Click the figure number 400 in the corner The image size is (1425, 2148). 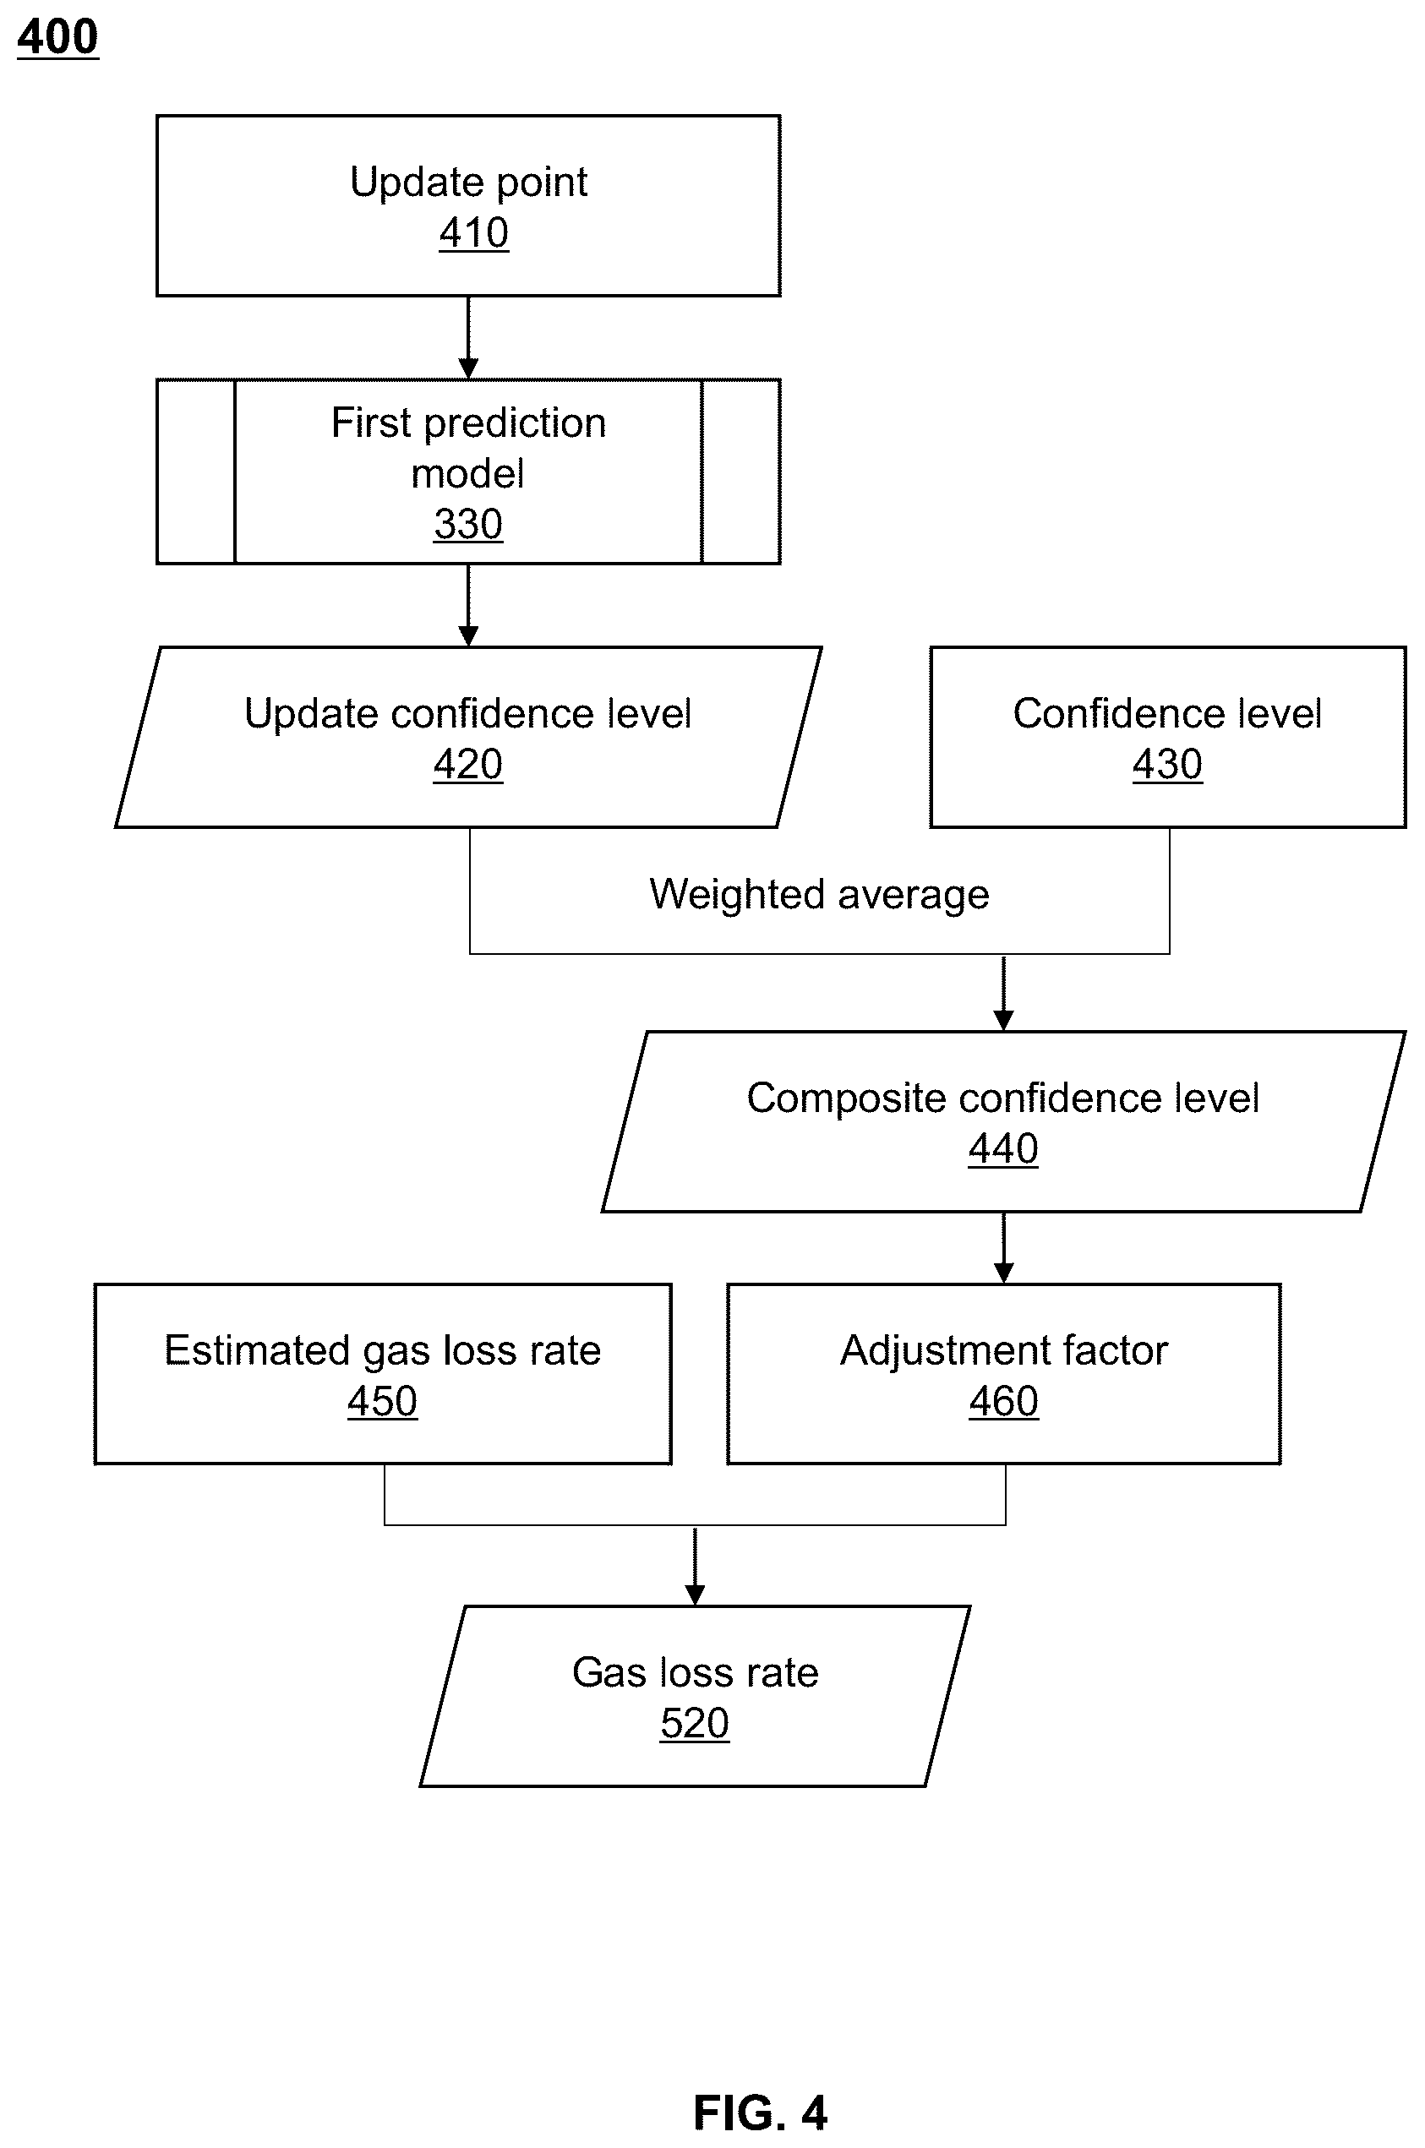57,37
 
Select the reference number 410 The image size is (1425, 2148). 473,232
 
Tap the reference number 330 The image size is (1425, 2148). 468,524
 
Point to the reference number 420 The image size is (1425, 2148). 468,764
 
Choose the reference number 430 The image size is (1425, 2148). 1167,764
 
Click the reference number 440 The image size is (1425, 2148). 1002,1148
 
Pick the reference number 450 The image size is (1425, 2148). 382,1401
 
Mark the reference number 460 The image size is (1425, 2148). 1003,1401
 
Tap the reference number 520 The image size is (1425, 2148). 694,1724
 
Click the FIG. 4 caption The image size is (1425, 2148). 760,2113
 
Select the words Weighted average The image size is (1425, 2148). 819,895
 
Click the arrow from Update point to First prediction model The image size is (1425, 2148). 468,337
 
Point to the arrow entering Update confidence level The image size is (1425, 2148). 468,605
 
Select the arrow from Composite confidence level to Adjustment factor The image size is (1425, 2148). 1003,1247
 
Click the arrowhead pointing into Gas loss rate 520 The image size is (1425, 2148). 694,1595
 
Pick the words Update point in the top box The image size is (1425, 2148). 468,183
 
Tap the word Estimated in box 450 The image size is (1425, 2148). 256,1350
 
